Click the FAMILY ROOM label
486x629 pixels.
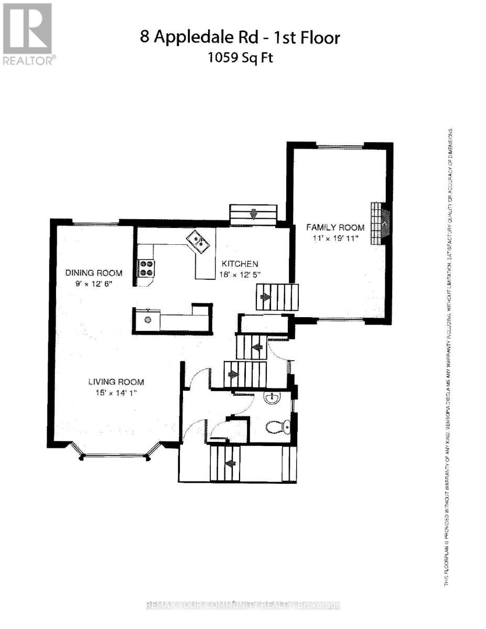335,227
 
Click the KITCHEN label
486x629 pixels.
239,263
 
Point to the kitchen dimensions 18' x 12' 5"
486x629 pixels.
240,274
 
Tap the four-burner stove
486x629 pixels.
146,268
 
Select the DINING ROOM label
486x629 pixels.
93,273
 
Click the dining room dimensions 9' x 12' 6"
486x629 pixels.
93,283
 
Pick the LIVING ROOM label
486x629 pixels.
116,382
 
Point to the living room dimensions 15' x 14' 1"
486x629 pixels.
116,393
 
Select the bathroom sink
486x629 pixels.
272,400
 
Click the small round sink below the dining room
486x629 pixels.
148,320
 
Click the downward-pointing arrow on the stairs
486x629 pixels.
254,213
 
